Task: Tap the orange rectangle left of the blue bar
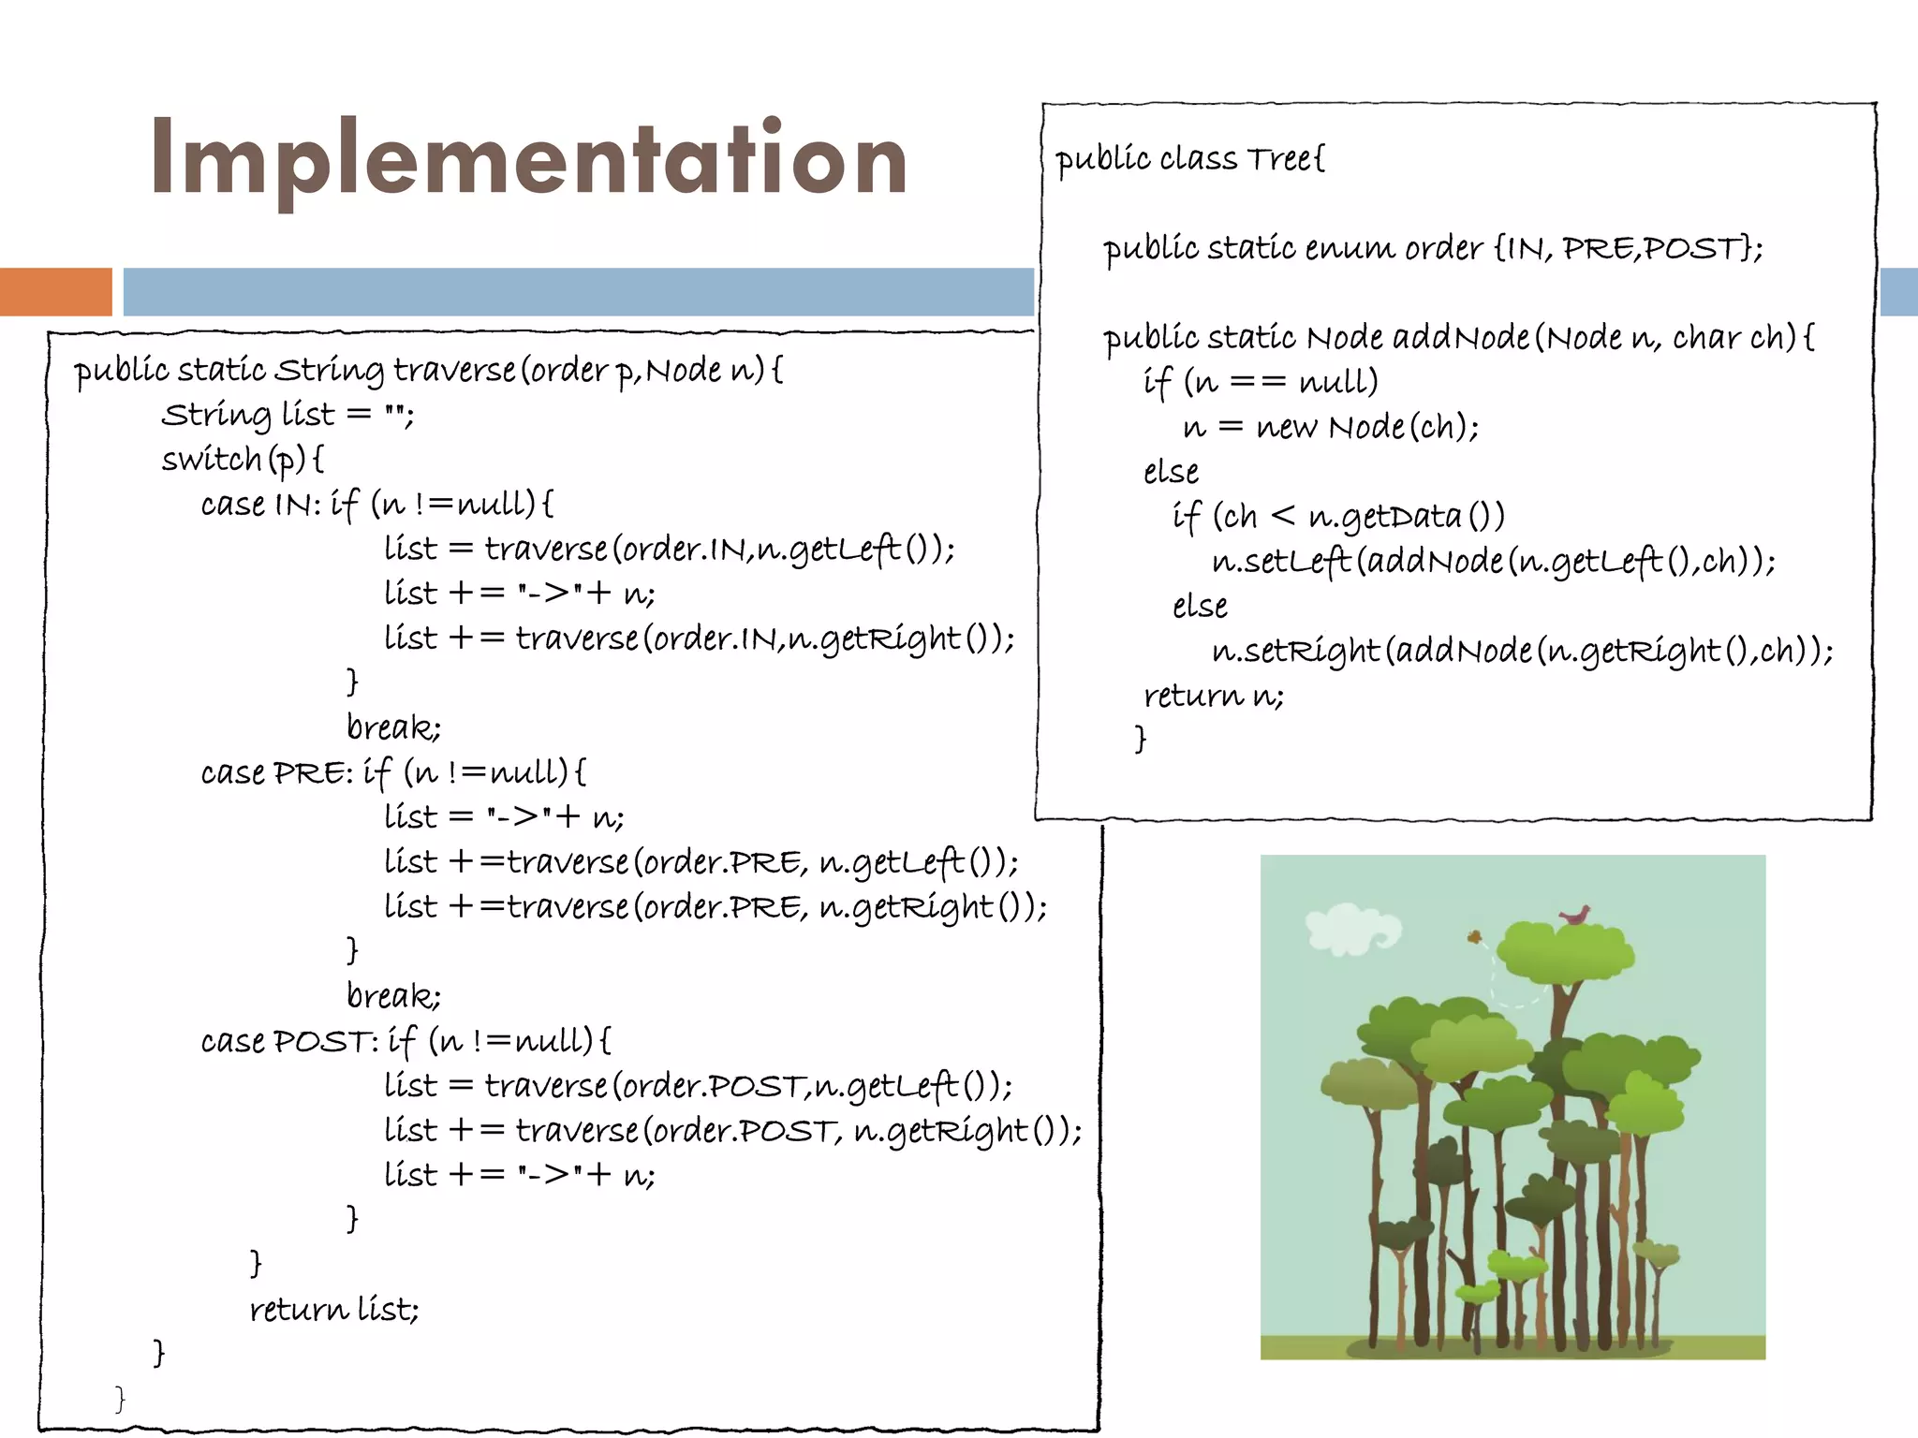[x=55, y=291]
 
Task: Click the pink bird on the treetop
[x=1575, y=916]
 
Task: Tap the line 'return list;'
[x=333, y=1309]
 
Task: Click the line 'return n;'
[x=1213, y=696]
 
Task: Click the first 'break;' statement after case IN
[x=393, y=727]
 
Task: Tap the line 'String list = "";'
[x=288, y=415]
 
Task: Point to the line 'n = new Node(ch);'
[x=1331, y=428]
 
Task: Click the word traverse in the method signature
[x=454, y=371]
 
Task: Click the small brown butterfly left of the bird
[x=1473, y=936]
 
